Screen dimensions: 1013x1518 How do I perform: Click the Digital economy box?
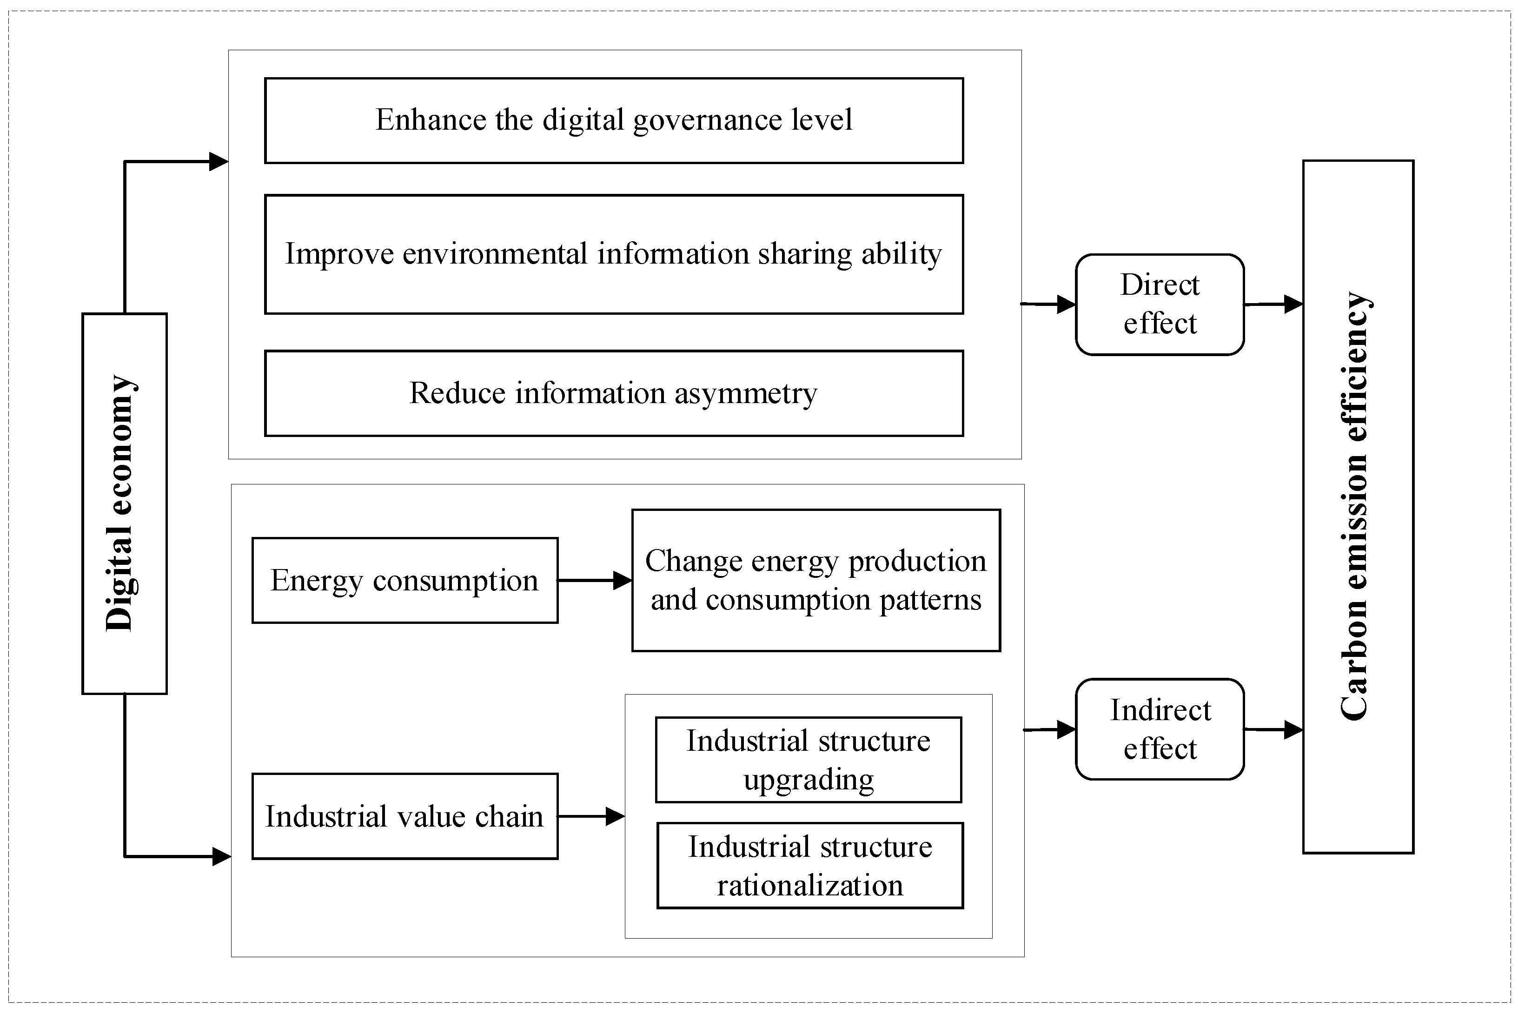click(124, 503)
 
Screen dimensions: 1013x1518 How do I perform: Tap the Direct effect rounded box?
click(1160, 305)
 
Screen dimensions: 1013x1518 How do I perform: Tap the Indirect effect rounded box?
click(1160, 729)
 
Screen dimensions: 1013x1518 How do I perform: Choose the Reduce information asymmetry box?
click(614, 393)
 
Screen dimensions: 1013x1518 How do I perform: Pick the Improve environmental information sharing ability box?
click(614, 254)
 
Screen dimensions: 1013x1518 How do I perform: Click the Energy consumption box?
click(404, 580)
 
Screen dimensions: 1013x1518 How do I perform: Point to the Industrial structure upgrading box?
click(808, 760)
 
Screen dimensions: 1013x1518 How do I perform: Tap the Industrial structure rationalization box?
click(809, 865)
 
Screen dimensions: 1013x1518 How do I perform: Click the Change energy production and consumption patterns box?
click(816, 580)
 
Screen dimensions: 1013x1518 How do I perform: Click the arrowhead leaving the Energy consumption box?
click(622, 580)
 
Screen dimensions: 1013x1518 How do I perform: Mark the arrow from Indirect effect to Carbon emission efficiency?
click(1273, 729)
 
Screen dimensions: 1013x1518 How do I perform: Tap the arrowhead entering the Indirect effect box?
click(1066, 729)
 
